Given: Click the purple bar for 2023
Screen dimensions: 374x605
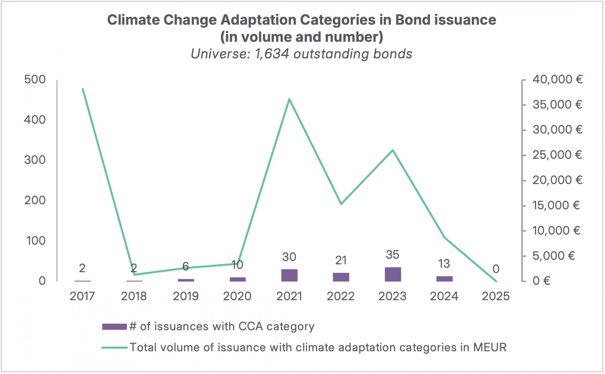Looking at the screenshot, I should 393,274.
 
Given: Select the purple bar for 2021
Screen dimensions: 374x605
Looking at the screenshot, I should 289,275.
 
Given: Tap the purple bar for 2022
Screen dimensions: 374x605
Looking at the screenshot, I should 341,277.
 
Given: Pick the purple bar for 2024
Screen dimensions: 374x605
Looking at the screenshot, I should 444,279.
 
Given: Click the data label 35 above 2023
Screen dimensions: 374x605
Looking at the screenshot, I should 393,255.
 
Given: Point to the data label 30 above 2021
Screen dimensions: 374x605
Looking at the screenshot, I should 289,257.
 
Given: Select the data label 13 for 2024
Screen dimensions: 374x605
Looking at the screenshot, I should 444,263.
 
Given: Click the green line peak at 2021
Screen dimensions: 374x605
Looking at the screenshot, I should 289,99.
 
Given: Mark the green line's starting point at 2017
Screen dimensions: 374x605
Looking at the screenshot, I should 83,89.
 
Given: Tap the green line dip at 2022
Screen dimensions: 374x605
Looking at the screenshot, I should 341,204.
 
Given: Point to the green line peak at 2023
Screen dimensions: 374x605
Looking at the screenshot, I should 393,150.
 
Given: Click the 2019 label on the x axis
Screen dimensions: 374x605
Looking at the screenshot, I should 186,296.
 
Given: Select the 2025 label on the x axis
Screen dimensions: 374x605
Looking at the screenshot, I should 496,296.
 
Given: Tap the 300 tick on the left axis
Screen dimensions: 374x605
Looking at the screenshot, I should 35,160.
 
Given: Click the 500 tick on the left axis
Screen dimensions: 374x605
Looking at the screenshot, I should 35,80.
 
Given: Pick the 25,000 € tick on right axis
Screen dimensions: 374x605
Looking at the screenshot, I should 557,155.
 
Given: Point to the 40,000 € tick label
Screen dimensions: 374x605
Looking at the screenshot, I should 557,80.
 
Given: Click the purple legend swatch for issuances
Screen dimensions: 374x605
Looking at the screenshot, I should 114,327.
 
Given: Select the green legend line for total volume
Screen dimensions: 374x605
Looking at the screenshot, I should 114,348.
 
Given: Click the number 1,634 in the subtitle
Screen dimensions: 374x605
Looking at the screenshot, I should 272,54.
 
